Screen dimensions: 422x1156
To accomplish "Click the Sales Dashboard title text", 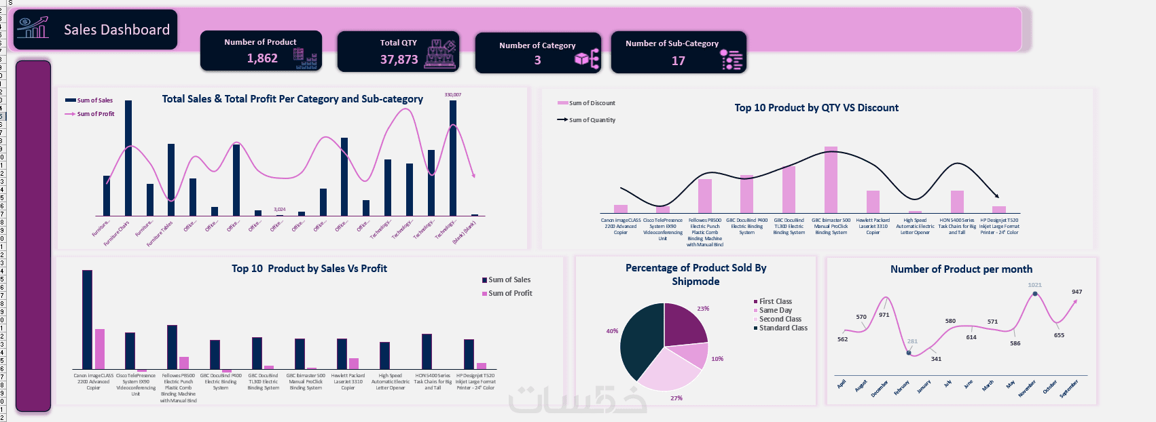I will (x=117, y=30).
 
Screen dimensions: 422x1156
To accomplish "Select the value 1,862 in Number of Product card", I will (x=262, y=58).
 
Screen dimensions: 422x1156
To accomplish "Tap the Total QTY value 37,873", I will (x=399, y=60).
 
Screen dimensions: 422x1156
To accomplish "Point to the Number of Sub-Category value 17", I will (x=678, y=61).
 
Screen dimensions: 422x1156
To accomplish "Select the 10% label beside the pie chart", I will (x=717, y=359).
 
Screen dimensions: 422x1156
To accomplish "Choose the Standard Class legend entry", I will (x=783, y=328).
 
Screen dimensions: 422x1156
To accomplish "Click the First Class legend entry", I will (x=775, y=301).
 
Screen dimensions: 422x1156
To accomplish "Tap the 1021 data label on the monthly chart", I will (x=1034, y=285).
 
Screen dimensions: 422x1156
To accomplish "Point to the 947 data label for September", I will (x=1077, y=292).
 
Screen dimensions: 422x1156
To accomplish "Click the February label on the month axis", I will (x=901, y=388).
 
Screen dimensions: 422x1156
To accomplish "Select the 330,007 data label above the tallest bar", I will (x=452, y=95).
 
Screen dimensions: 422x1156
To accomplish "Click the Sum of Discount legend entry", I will (x=592, y=103).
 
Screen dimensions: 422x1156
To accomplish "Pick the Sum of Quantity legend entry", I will (x=592, y=120).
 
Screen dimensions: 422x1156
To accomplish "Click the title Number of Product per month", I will (x=961, y=269).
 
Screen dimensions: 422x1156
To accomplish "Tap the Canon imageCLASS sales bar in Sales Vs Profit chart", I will (x=87, y=319).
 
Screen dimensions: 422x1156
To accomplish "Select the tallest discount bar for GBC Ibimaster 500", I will (x=831, y=180).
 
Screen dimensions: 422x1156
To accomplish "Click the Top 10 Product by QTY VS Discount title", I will (x=816, y=108).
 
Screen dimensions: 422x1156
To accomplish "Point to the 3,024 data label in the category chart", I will (x=279, y=210).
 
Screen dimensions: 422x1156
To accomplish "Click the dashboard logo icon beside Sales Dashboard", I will (x=33, y=28).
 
